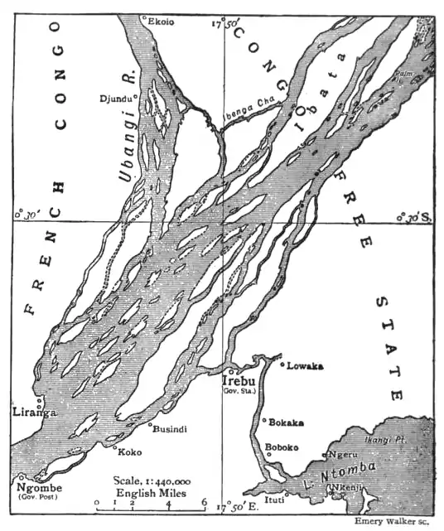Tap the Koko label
128,453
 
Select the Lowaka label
306,365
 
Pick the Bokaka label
287,422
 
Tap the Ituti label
273,500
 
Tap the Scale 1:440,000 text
152,480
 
